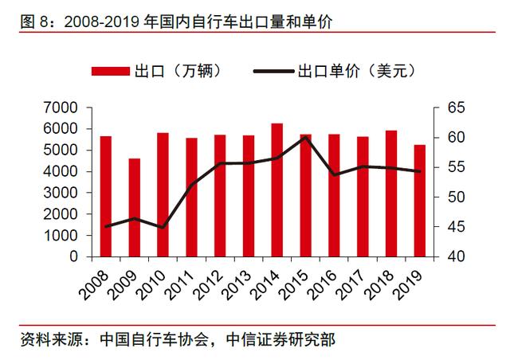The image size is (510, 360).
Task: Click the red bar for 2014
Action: tap(277, 190)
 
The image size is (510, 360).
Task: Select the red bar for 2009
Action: tap(135, 208)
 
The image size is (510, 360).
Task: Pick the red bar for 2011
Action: tap(192, 198)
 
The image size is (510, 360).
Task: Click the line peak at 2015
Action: tap(305, 137)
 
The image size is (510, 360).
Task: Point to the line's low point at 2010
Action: tap(163, 228)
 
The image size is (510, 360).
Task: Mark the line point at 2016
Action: tap(334, 174)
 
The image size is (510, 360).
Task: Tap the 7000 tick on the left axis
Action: tap(61, 107)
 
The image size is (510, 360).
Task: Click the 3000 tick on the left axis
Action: tap(61, 193)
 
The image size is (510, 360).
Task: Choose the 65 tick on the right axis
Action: tap(449, 107)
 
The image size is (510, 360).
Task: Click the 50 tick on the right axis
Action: tap(449, 198)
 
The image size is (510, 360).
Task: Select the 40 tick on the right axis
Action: tap(449, 257)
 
